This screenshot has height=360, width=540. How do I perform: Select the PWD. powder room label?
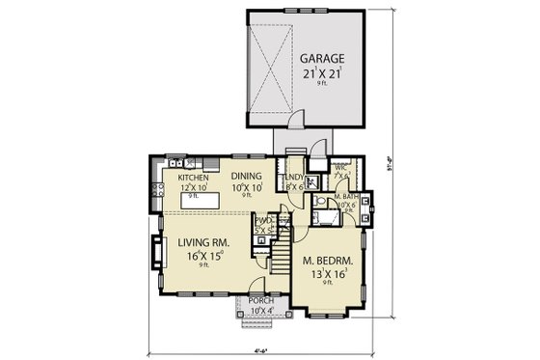tap(262, 222)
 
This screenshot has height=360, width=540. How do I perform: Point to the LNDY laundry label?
tap(294, 179)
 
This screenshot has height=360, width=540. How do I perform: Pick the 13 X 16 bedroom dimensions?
tap(327, 275)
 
